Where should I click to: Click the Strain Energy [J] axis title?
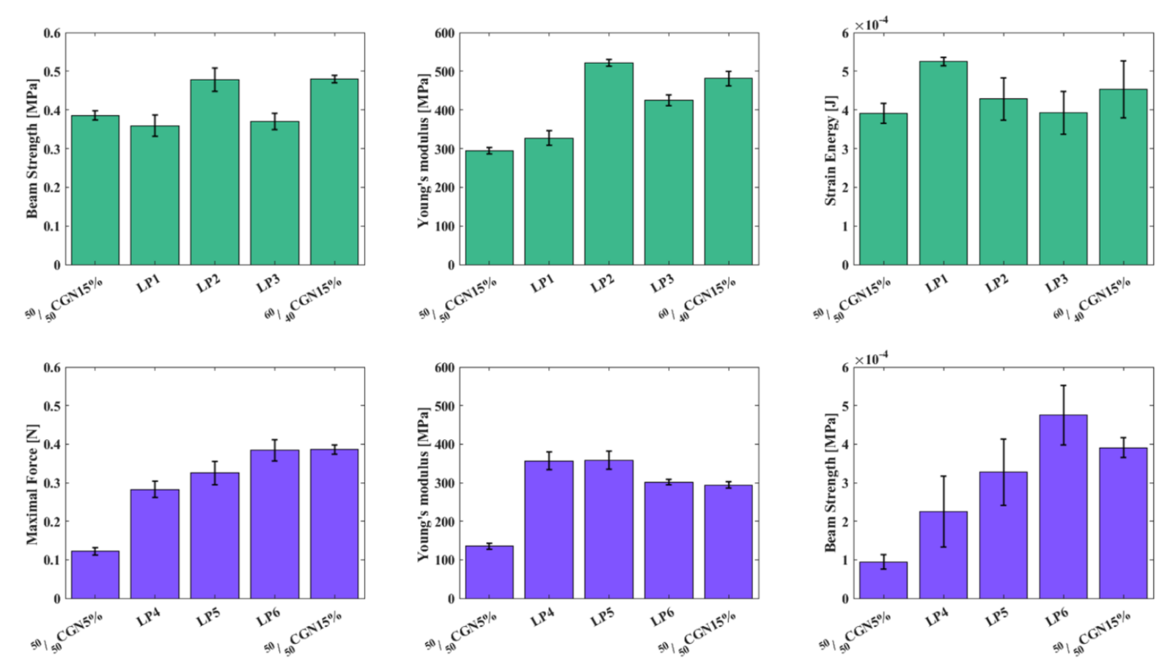pos(831,150)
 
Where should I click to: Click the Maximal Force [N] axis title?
pos(32,485)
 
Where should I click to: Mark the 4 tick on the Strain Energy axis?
pos(845,111)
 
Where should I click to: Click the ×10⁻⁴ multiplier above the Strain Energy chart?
pos(872,25)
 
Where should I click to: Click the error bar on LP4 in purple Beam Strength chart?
pos(943,511)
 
